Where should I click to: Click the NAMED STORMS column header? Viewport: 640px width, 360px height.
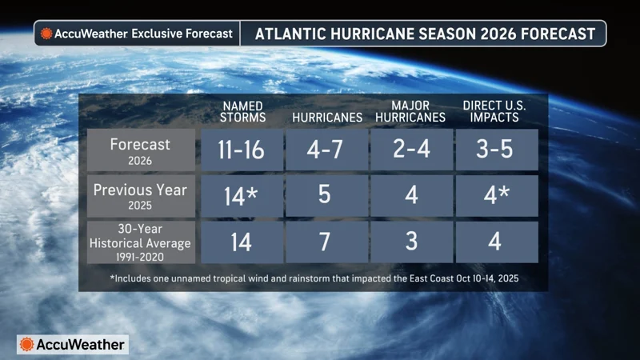(x=242, y=110)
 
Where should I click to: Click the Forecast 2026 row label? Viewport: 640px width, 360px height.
(x=141, y=150)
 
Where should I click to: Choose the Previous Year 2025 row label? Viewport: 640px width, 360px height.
(x=141, y=196)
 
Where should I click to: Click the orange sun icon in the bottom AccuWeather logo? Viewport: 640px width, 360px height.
(x=28, y=345)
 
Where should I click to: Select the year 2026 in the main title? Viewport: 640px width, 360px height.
(x=499, y=34)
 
